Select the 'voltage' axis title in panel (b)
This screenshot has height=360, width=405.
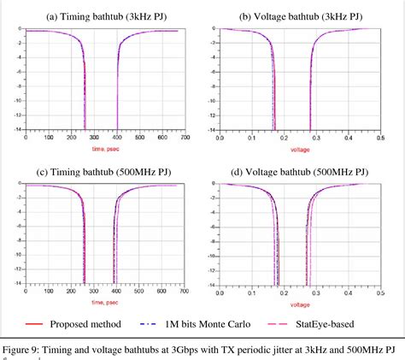click(299, 147)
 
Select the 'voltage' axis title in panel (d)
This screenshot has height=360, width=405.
click(299, 303)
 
